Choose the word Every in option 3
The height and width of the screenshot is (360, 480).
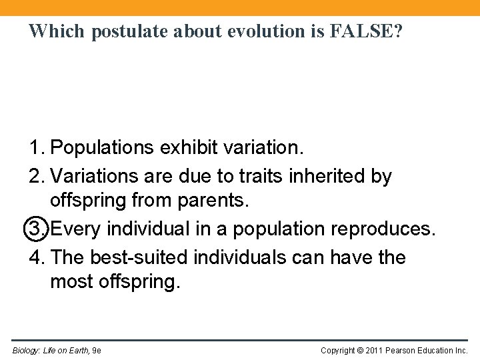point(77,229)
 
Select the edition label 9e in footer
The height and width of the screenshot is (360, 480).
point(96,350)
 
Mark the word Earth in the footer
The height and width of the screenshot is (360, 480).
point(78,350)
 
